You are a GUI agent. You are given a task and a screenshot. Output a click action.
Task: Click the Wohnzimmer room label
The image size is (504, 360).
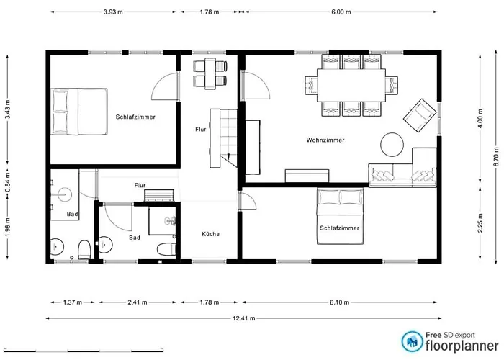(x=325, y=140)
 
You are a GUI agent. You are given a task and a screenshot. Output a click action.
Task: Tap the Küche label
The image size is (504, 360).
(x=210, y=234)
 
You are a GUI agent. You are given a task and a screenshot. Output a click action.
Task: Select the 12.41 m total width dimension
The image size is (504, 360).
(x=244, y=318)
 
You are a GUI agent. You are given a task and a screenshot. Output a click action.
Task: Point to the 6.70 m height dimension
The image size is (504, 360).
(x=496, y=156)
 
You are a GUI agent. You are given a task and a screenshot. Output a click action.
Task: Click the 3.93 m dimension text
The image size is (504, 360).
(x=113, y=12)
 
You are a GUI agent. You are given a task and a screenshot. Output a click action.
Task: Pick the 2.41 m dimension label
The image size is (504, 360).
(x=138, y=302)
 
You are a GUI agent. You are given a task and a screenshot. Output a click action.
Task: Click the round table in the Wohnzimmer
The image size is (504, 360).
(x=392, y=145)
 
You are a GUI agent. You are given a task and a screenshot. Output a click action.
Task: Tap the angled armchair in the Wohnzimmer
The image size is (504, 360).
(x=420, y=115)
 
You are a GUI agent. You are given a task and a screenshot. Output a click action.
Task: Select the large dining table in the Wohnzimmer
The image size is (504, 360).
(x=351, y=85)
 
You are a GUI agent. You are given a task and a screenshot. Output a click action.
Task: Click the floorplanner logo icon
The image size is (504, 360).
(x=412, y=342)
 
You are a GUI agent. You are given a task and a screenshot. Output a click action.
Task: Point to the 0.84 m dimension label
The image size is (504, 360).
(x=8, y=182)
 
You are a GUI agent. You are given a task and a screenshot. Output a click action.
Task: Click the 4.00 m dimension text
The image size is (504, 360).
(x=480, y=118)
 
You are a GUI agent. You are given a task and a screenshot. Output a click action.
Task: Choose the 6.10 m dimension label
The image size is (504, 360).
(x=339, y=302)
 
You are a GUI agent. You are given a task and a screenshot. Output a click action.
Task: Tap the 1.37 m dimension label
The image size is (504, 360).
(x=72, y=302)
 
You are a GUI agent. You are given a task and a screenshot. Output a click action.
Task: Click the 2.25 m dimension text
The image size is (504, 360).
(x=480, y=222)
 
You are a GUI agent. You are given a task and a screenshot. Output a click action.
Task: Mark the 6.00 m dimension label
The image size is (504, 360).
(x=341, y=12)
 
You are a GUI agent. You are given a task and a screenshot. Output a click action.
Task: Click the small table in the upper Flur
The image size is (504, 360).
(x=210, y=73)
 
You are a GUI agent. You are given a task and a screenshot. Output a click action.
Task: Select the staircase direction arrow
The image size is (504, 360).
(x=228, y=156)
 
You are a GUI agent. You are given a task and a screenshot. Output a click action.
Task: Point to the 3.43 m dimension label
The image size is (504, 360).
(x=8, y=109)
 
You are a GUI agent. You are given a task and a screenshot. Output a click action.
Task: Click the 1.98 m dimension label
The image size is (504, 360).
(x=8, y=228)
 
